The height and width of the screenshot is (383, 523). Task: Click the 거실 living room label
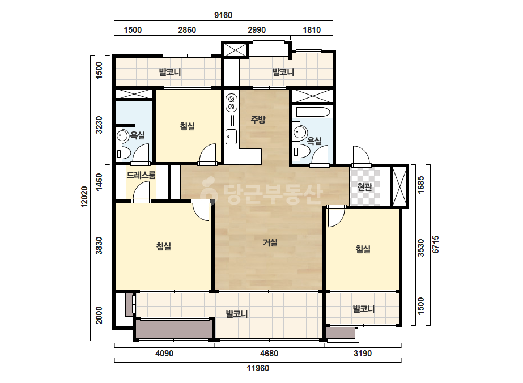coord(270,242)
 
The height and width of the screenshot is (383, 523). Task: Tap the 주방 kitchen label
coord(258,120)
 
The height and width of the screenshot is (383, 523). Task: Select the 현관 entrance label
coord(364,187)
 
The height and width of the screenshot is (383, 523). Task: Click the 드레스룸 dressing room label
coord(141,175)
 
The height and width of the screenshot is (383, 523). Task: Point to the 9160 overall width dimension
coord(223,15)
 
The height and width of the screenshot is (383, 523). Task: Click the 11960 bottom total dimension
coord(258,368)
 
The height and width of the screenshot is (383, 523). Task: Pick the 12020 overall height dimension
coord(84,197)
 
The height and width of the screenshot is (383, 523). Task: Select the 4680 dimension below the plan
coord(269,354)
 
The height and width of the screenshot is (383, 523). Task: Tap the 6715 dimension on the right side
coord(436,245)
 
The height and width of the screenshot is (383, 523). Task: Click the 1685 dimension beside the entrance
coord(421,185)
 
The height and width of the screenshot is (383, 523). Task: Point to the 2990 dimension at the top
coord(257,30)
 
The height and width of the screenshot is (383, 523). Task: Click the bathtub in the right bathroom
coord(313,112)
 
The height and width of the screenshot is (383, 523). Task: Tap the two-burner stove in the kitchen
coord(231,103)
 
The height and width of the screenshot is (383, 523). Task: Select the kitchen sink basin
coord(231,137)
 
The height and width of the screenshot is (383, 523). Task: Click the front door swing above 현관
coord(362,156)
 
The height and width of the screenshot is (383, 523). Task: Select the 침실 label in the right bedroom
coord(363,249)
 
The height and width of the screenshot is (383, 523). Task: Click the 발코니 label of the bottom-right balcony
coord(364,309)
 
